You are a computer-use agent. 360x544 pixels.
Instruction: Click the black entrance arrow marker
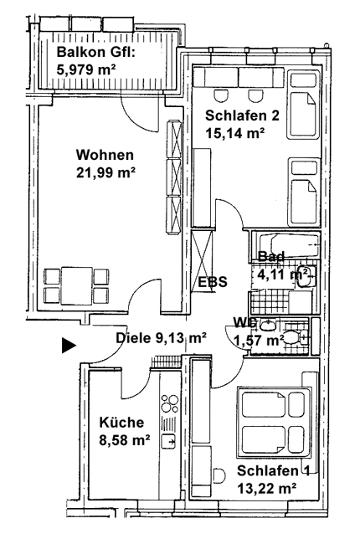tap(69, 345)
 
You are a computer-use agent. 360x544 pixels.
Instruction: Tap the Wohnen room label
tap(105, 155)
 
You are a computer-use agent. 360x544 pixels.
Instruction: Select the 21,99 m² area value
tap(105, 172)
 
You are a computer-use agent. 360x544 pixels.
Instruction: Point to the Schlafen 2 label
tap(242, 115)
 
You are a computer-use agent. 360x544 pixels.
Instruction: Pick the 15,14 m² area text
tap(235, 133)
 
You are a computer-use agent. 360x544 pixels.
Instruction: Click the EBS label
tap(213, 281)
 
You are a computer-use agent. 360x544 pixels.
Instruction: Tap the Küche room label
tap(121, 423)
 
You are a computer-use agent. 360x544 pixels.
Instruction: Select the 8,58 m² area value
tap(125, 440)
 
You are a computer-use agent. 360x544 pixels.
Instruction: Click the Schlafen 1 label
tap(273, 471)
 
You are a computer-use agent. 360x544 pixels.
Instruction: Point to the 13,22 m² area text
tap(266, 489)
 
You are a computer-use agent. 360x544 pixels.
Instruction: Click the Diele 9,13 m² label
tap(161, 338)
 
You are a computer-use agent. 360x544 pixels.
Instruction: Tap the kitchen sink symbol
tap(169, 441)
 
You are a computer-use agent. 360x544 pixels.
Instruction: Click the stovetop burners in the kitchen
tap(170, 404)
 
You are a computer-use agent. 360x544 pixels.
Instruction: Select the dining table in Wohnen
tap(77, 285)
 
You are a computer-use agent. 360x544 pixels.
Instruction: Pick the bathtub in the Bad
tap(285, 245)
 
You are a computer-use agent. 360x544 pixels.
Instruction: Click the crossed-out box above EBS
tap(202, 261)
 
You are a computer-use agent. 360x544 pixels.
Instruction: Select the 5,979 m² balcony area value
tap(86, 70)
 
